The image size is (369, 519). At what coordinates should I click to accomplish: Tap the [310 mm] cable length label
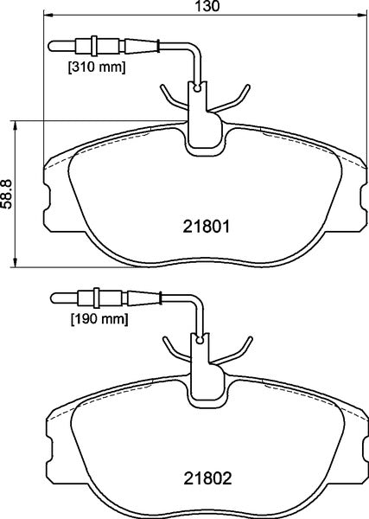(x=97, y=66)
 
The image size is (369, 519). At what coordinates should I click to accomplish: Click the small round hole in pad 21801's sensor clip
(x=198, y=87)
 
